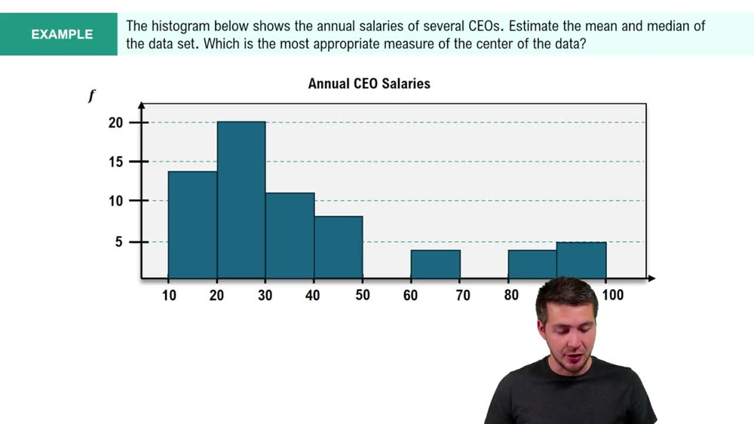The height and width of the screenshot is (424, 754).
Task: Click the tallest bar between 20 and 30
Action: pos(241,200)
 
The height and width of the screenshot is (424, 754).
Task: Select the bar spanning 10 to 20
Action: pos(192,225)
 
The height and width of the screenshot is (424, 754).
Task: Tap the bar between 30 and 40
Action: pos(290,235)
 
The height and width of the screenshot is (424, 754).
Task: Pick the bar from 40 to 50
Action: pos(339,247)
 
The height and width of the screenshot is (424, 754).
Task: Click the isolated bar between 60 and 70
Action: pos(435,264)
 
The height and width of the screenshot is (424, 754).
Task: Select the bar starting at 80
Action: pos(532,264)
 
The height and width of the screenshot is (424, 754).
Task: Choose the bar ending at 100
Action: pos(581,260)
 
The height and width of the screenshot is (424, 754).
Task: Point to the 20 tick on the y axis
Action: pos(115,122)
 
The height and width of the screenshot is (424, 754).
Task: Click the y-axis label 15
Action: pos(115,161)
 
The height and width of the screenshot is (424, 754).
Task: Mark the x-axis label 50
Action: pos(362,295)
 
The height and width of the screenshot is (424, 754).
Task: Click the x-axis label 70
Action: pos(462,295)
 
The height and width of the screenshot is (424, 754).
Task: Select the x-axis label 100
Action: pos(612,295)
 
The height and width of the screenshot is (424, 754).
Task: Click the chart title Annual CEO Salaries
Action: pos(369,84)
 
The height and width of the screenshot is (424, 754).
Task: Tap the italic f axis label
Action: pos(91,96)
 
